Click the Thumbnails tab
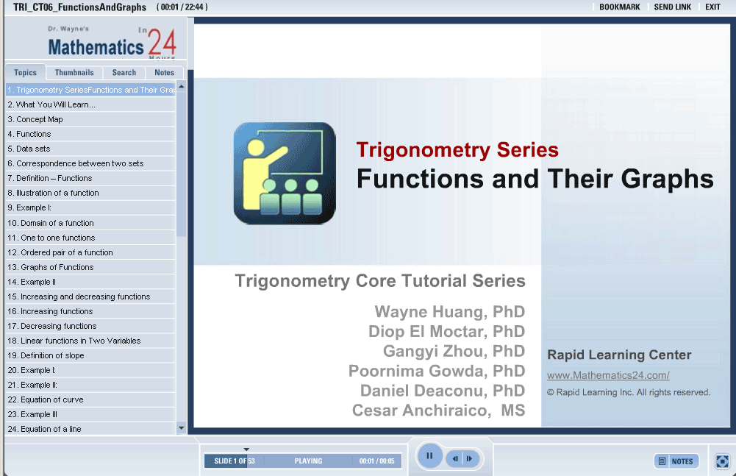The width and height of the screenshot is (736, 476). click(x=74, y=72)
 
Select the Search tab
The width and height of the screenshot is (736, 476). click(x=124, y=72)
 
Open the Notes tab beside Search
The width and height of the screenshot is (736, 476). click(x=164, y=72)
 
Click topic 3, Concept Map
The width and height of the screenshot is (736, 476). click(x=35, y=119)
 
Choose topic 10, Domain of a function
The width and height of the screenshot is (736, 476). click(x=51, y=223)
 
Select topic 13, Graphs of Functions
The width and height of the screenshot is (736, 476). click(x=51, y=267)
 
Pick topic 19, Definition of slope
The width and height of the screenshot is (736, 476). click(x=46, y=355)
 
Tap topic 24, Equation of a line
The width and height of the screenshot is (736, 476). click(x=45, y=428)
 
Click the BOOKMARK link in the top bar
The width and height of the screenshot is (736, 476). click(x=620, y=7)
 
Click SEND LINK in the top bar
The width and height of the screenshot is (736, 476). click(x=673, y=7)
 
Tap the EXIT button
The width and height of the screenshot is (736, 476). click(x=712, y=7)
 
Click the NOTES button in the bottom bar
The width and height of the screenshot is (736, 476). click(x=676, y=461)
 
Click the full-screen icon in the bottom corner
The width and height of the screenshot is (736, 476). click(x=722, y=461)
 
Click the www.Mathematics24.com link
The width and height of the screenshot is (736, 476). click(x=608, y=375)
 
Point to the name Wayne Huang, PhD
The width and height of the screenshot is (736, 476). click(x=450, y=311)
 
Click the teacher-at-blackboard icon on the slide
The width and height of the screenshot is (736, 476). click(x=285, y=174)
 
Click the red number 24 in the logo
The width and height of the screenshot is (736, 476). click(x=162, y=42)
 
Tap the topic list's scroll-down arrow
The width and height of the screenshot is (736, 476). click(x=181, y=427)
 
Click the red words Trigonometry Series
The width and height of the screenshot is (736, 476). click(x=457, y=150)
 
